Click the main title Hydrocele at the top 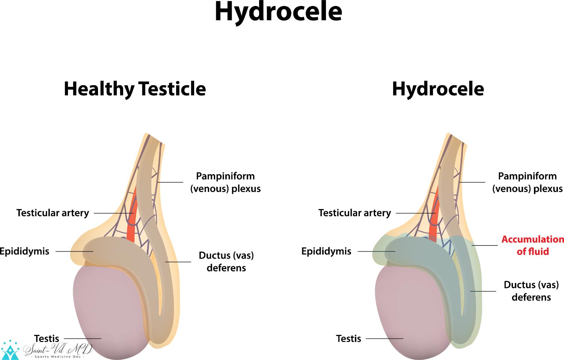coord(278,13)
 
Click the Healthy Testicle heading coord(135,89)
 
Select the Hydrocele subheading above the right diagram coord(438,89)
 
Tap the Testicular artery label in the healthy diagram coord(53,213)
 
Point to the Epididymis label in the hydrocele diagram coord(326,251)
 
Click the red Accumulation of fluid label coord(532,245)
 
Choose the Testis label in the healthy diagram coord(47,339)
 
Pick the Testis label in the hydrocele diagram coord(348,339)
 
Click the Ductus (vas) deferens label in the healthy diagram coord(226,262)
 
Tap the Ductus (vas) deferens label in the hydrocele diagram coord(531,291)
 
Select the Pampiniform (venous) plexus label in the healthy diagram coord(225,182)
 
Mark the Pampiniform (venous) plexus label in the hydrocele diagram coord(528,182)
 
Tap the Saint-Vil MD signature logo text coord(58,350)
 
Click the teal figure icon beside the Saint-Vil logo coord(10,350)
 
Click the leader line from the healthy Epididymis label coord(74,251)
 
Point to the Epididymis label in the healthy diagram coord(24,251)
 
